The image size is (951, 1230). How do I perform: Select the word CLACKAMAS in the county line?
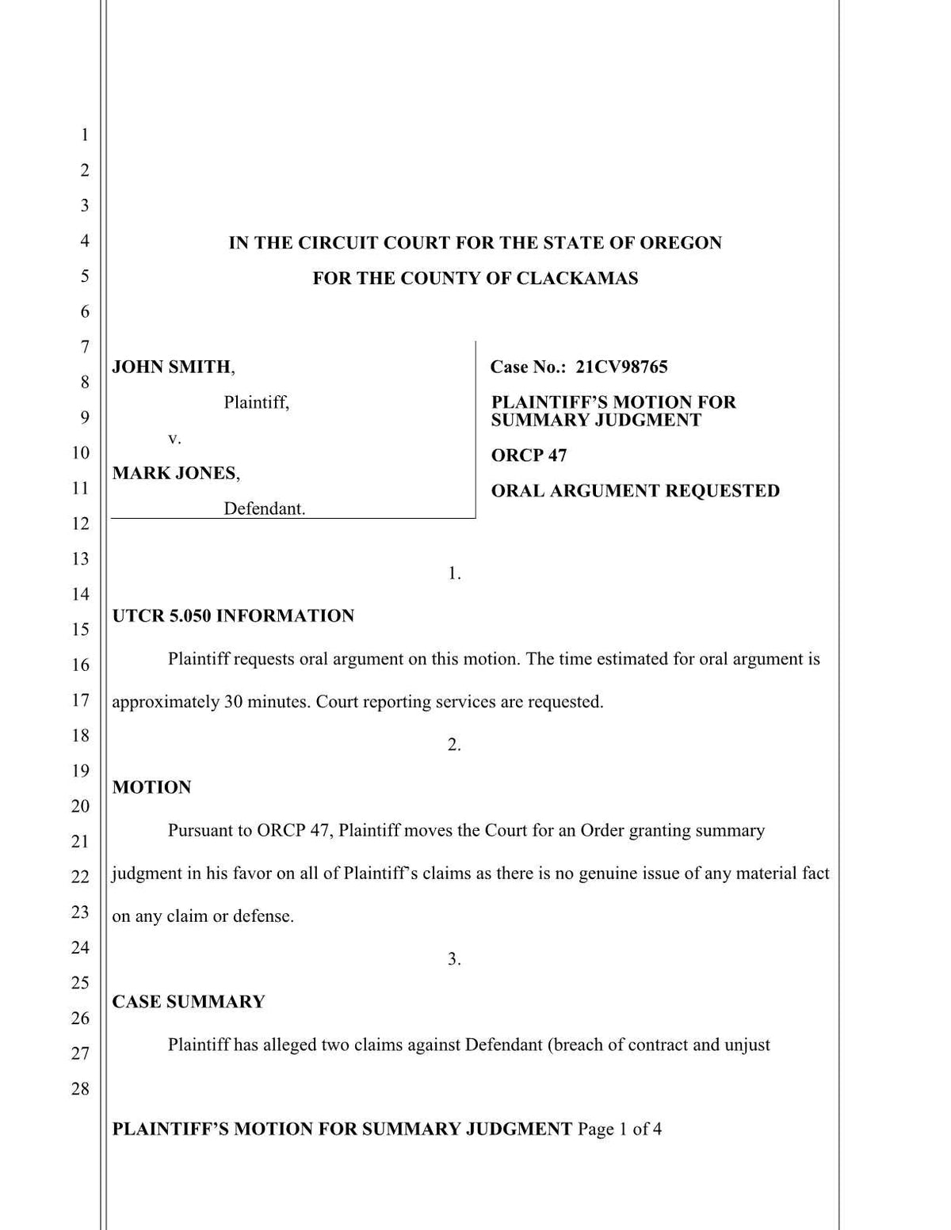(x=577, y=279)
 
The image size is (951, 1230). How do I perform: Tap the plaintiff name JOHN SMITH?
(x=171, y=367)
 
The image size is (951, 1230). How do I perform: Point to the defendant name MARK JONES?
(x=174, y=474)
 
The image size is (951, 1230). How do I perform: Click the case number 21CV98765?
(x=621, y=367)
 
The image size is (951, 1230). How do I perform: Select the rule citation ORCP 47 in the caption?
(x=529, y=455)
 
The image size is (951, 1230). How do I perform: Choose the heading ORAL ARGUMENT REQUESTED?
(x=635, y=491)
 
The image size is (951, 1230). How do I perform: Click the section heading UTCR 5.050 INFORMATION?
(x=233, y=616)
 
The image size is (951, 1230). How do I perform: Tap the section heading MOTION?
(x=151, y=787)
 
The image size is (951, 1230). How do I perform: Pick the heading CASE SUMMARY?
(x=189, y=1002)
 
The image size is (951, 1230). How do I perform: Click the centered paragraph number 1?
(x=454, y=573)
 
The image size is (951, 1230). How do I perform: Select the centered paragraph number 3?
(x=454, y=959)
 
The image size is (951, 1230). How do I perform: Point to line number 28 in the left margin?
(x=80, y=1088)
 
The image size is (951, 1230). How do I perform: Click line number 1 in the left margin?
(x=84, y=135)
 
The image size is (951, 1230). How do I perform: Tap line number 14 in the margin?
(x=80, y=594)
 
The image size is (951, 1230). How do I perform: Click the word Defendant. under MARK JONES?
(x=264, y=508)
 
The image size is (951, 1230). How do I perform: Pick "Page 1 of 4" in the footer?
(x=620, y=1129)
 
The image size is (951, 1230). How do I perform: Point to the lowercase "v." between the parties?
(x=174, y=438)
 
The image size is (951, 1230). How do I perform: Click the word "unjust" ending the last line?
(x=747, y=1045)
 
